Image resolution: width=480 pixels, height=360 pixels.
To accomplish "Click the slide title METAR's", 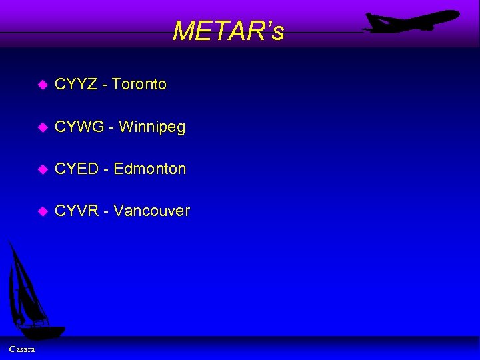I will (x=228, y=31).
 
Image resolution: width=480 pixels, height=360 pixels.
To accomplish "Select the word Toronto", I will (x=139, y=85).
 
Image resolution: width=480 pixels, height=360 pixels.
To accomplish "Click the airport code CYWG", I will (x=79, y=127).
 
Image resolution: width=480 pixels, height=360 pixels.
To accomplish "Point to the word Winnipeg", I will (x=152, y=127).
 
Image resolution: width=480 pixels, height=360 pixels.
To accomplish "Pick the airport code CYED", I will (x=77, y=169).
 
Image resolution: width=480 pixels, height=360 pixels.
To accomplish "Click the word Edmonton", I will (x=150, y=169).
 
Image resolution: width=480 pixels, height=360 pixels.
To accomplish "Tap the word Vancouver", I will (x=152, y=211).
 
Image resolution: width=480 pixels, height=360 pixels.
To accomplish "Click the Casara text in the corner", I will (x=23, y=349).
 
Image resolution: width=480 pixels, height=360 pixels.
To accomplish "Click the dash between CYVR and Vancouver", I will (x=107, y=212).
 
